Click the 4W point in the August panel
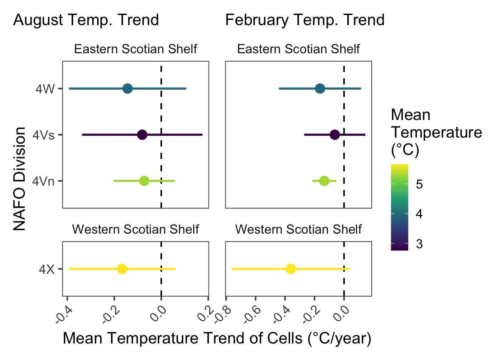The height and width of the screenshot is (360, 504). [x=127, y=89]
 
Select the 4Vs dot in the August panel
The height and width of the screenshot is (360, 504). [x=142, y=135]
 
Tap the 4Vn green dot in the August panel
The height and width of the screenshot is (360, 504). [x=144, y=181]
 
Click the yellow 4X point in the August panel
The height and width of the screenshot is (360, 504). [x=122, y=269]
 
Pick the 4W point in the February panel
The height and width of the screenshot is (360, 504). [x=320, y=89]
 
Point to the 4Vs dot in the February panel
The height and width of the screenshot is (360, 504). [x=335, y=135]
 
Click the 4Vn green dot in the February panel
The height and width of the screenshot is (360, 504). [x=324, y=181]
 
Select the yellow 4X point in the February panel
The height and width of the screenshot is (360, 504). [x=291, y=269]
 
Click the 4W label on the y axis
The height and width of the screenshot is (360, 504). [x=45, y=89]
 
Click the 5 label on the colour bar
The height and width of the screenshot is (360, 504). [x=419, y=184]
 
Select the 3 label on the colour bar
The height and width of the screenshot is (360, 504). [x=419, y=244]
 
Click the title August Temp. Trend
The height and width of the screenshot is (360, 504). [x=86, y=20]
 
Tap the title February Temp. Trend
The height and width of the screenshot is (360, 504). [x=305, y=20]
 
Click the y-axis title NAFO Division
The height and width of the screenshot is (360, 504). [x=19, y=178]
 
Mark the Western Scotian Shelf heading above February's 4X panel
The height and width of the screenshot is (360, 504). [x=298, y=229]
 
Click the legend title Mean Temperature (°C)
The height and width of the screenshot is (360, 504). [x=436, y=132]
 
